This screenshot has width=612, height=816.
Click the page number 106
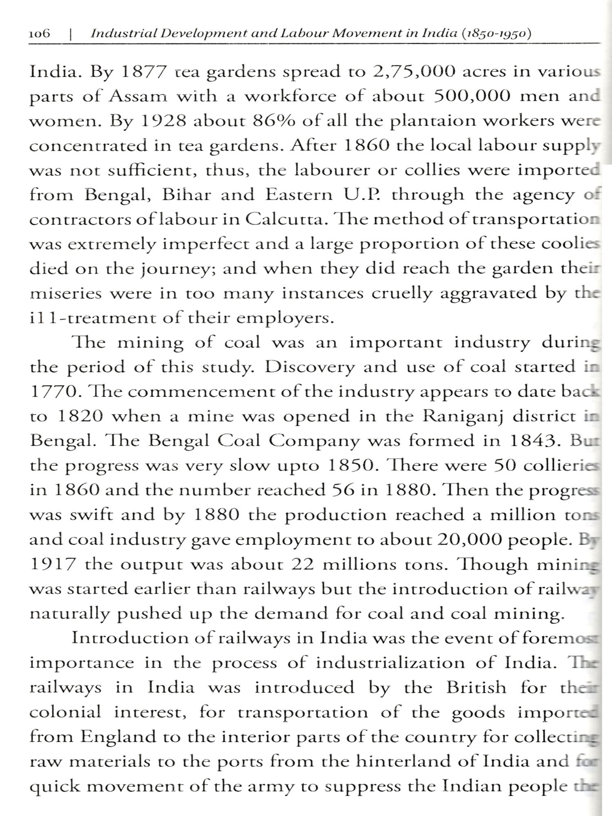[x=40, y=33]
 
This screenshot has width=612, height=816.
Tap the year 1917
[x=53, y=564]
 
